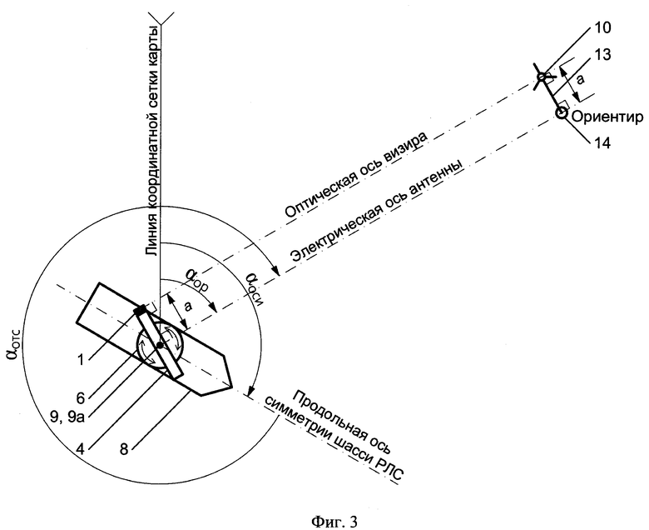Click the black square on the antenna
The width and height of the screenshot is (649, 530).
click(141, 310)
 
